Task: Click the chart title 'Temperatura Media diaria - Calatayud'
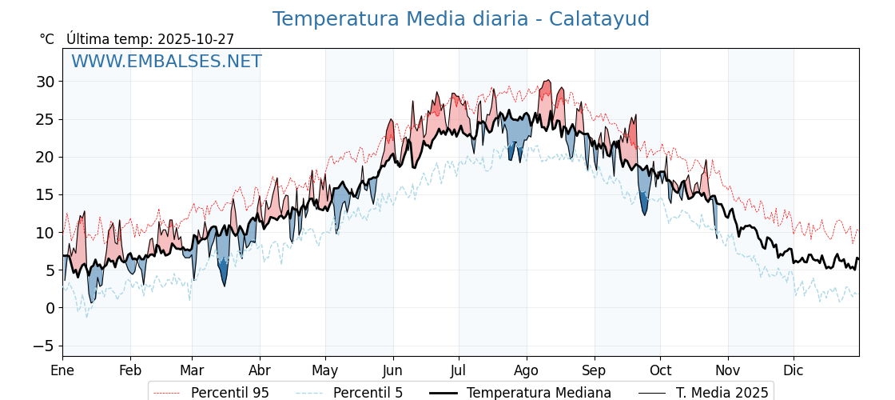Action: tap(460, 19)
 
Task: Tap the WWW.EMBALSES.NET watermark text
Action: tap(166, 62)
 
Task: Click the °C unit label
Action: tap(46, 39)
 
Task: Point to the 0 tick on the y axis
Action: tap(50, 308)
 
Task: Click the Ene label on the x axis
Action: tap(62, 370)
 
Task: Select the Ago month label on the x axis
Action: tap(526, 370)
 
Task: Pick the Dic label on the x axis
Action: tap(794, 370)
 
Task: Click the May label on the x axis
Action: tap(324, 370)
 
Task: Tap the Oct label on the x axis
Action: tap(660, 370)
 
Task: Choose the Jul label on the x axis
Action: tap(459, 370)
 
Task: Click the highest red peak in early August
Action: tap(547, 82)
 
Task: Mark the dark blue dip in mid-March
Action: tap(225, 277)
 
